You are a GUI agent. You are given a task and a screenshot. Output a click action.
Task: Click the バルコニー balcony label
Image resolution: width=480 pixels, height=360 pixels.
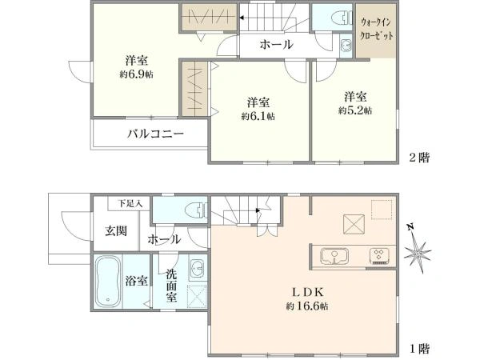(x=156, y=133)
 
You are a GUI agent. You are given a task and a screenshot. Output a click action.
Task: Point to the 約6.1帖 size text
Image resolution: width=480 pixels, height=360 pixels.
(x=258, y=116)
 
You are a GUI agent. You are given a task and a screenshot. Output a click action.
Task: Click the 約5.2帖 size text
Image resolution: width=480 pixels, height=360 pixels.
(x=354, y=110)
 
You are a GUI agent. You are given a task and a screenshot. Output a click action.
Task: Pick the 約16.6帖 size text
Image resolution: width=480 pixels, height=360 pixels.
(x=307, y=306)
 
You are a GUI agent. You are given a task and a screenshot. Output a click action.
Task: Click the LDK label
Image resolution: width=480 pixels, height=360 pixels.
(x=307, y=291)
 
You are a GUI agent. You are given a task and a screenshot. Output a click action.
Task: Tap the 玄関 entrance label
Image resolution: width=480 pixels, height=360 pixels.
(x=115, y=231)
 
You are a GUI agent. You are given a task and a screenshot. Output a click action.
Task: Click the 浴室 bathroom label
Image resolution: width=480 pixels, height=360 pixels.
(x=137, y=281)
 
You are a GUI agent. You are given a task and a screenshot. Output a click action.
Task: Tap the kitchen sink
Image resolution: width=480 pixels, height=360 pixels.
(x=331, y=256)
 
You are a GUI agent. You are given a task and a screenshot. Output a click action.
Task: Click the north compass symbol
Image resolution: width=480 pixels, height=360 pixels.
(x=417, y=252)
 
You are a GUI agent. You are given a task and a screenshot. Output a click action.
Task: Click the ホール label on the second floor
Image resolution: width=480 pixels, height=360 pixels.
(x=276, y=45)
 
